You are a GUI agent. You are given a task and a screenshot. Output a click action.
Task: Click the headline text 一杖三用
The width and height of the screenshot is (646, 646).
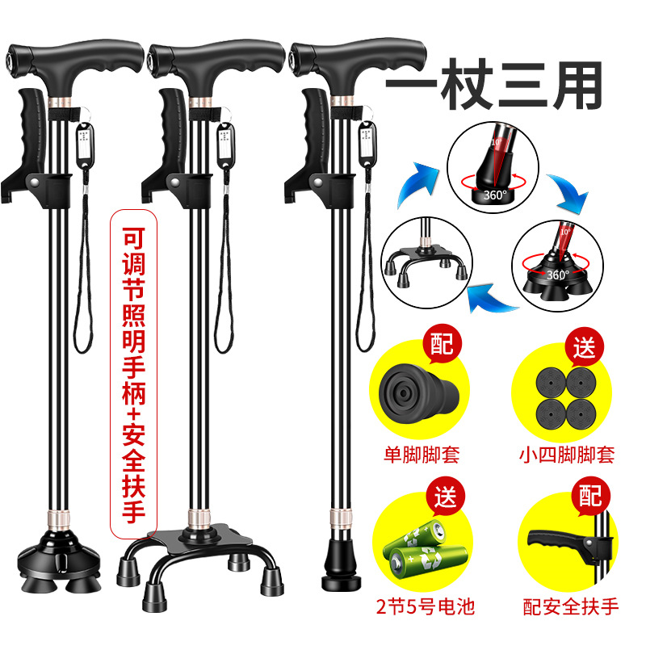click(x=494, y=85)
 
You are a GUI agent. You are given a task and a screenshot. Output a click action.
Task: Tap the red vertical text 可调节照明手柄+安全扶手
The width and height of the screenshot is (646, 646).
click(x=133, y=374)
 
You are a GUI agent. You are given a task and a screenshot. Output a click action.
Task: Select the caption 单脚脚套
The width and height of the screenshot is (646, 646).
click(x=422, y=455)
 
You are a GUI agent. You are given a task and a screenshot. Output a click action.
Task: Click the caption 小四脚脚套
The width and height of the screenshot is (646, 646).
click(x=567, y=455)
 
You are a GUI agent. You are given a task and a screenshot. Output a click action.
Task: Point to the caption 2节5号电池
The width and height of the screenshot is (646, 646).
click(x=426, y=606)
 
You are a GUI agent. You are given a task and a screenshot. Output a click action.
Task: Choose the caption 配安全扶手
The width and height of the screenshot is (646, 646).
click(x=571, y=606)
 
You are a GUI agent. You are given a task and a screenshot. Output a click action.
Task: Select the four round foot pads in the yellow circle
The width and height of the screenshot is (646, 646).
click(x=566, y=397)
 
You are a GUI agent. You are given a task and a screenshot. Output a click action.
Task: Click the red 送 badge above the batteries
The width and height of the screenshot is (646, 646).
click(x=446, y=497)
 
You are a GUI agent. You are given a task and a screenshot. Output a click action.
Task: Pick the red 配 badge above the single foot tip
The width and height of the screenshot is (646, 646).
click(x=442, y=344)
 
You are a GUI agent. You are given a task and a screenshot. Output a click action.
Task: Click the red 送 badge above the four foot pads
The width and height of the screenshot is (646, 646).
click(x=584, y=348)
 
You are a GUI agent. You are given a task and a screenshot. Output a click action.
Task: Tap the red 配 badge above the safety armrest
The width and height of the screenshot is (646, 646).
click(x=590, y=496)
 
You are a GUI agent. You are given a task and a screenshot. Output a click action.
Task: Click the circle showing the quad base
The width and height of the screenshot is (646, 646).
click(x=426, y=262)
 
